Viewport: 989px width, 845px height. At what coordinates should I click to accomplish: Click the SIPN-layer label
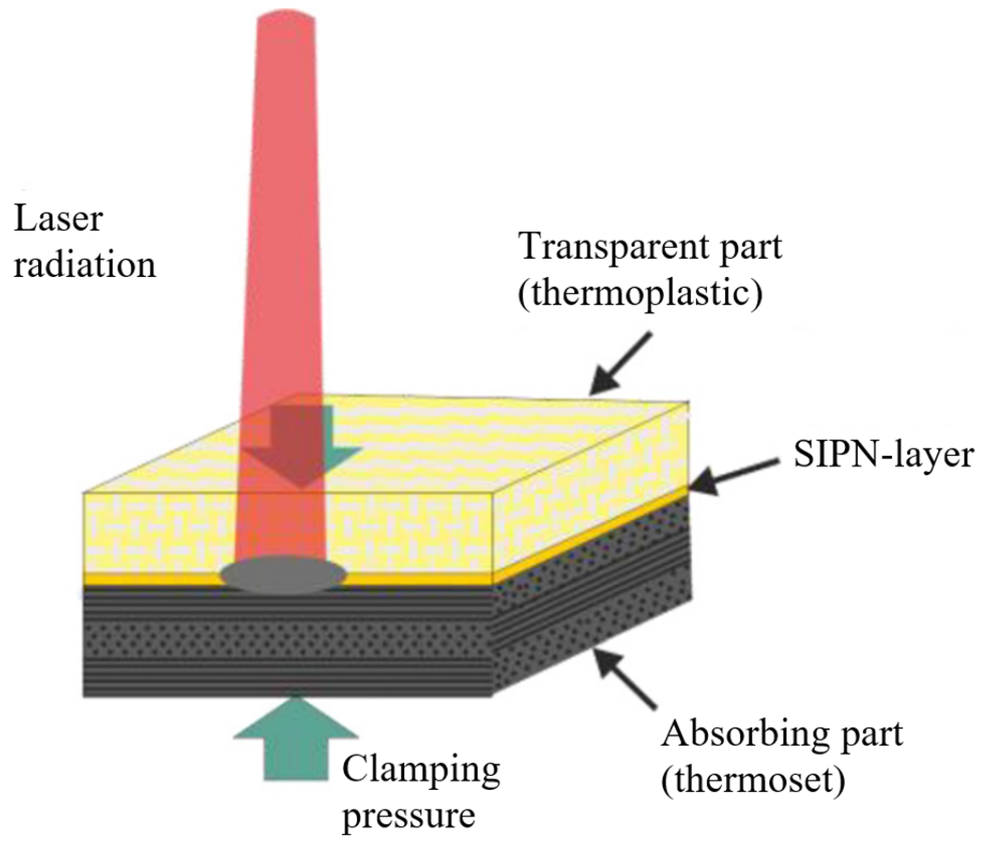click(884, 455)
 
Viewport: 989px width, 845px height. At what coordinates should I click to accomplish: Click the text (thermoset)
click(753, 780)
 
